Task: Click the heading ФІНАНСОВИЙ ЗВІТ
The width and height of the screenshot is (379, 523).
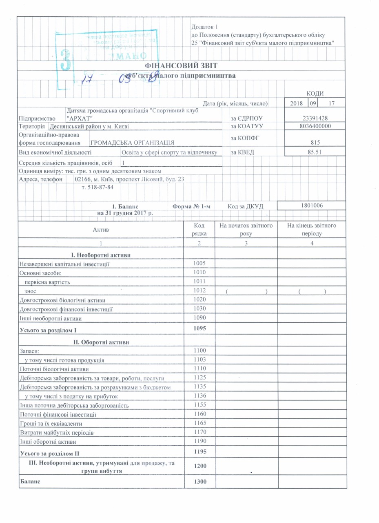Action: tap(182, 65)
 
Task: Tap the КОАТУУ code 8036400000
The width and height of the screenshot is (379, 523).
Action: tap(312, 126)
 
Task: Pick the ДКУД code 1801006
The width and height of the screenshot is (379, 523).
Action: tap(313, 206)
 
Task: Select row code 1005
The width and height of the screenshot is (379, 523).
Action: tap(199, 263)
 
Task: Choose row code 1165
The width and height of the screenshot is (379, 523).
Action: tap(199, 423)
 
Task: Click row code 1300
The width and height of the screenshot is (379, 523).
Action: tap(199, 482)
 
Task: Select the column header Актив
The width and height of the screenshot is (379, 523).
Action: tap(101, 230)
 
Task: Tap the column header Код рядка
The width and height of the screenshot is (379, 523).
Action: tap(199, 230)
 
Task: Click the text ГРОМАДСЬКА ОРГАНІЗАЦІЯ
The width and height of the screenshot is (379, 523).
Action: tap(132, 143)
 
